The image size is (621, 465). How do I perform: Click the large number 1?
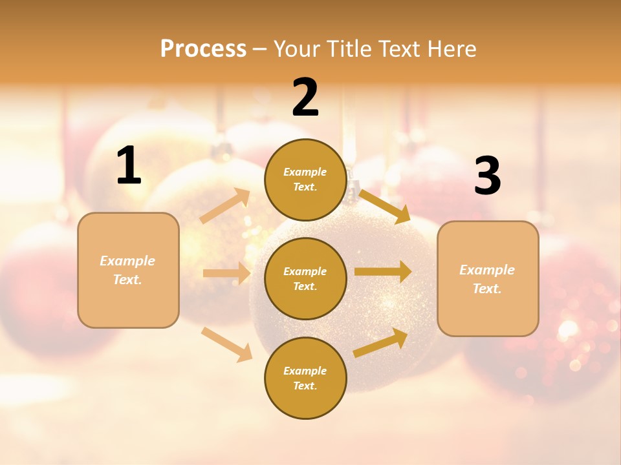pos(129,166)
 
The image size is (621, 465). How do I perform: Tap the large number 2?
pos(305,98)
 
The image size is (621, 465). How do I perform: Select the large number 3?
pos(487,176)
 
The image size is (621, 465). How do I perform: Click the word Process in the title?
pos(203,48)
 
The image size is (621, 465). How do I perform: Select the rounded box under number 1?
pos(128,270)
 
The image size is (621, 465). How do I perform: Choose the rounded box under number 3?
pos(488,278)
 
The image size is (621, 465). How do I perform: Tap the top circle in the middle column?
pos(305,180)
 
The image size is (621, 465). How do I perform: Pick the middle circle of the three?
pos(305,278)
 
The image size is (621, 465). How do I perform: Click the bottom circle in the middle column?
pos(305,378)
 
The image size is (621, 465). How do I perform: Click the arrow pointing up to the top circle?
pos(225,206)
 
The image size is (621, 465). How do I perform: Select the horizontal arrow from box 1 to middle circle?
pos(226,273)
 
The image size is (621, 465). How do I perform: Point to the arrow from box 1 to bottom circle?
pos(227,344)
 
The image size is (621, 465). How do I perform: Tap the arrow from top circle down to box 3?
pos(384,206)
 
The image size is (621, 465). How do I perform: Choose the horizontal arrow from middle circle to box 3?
pos(383,272)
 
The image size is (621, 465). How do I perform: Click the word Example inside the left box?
pos(127,261)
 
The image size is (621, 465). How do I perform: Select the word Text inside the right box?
pos(486,289)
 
